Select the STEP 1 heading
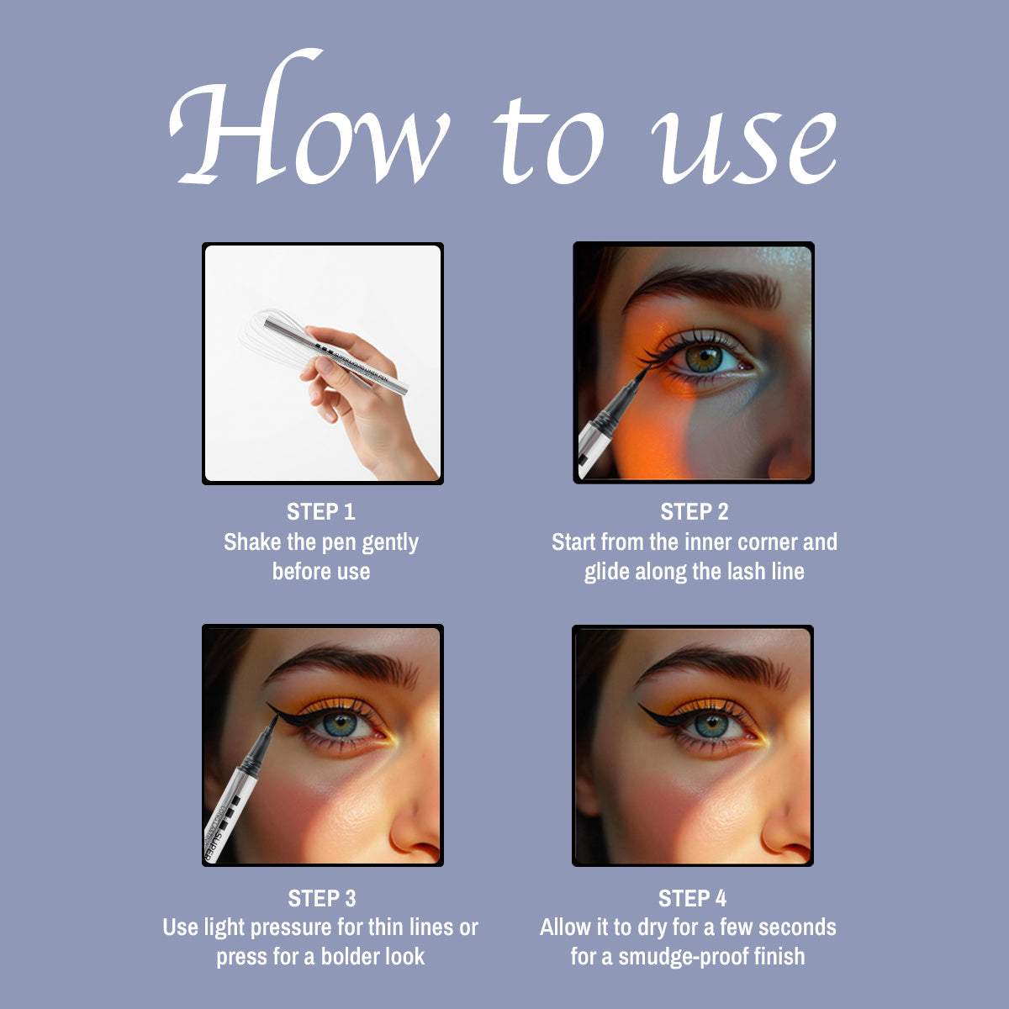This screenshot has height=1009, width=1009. [x=321, y=511]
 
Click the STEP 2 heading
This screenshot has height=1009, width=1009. [x=695, y=511]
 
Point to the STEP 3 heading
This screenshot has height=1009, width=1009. [x=322, y=898]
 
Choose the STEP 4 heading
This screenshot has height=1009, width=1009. [x=692, y=898]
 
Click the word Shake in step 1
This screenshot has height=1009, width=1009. [x=251, y=542]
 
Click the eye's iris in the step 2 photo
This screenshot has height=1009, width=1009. [x=704, y=359]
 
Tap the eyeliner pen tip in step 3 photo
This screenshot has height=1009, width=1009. [x=272, y=721]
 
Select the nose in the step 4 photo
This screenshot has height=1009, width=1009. [x=786, y=824]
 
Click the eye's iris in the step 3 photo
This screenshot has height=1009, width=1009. [x=341, y=724]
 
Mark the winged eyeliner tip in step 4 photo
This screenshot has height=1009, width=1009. [x=642, y=708]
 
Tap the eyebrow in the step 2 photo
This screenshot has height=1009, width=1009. [x=702, y=287]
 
